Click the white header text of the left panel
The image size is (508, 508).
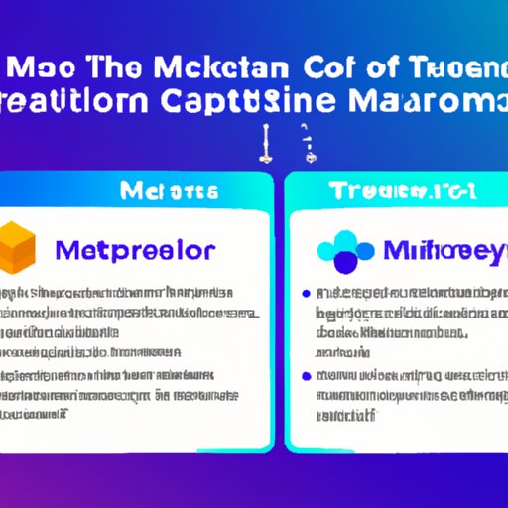pyautogui.click(x=138, y=188)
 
